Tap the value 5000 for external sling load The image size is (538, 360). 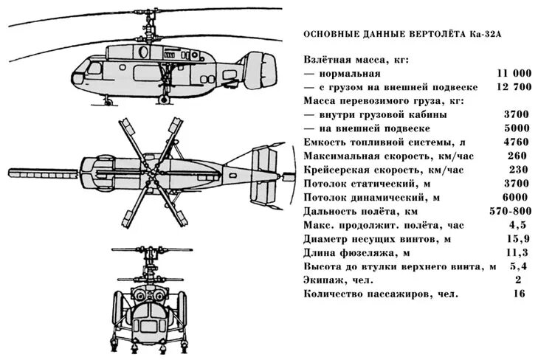pyautogui.click(x=516, y=129)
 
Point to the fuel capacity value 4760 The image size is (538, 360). pyautogui.click(x=516, y=142)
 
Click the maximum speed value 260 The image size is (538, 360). pyautogui.click(x=517, y=156)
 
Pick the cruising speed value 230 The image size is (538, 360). pyautogui.click(x=517, y=170)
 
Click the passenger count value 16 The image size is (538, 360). pyautogui.click(x=519, y=294)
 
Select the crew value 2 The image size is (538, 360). pyautogui.click(x=518, y=280)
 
